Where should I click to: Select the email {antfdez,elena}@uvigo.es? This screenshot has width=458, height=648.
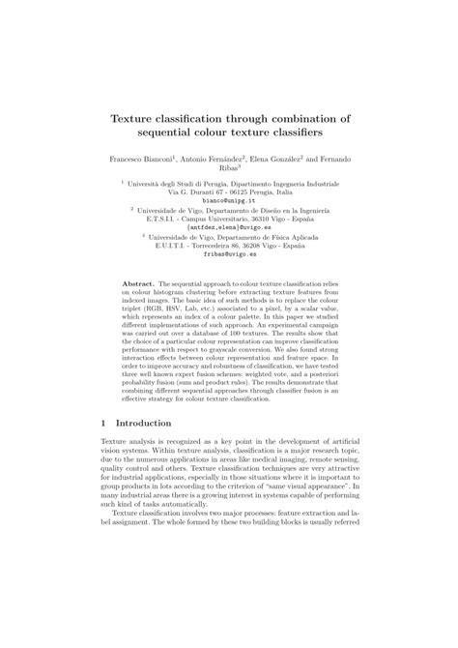(228, 228)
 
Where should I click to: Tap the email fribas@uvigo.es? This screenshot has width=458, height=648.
(228, 256)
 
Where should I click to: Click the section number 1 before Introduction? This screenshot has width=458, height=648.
(103, 424)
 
